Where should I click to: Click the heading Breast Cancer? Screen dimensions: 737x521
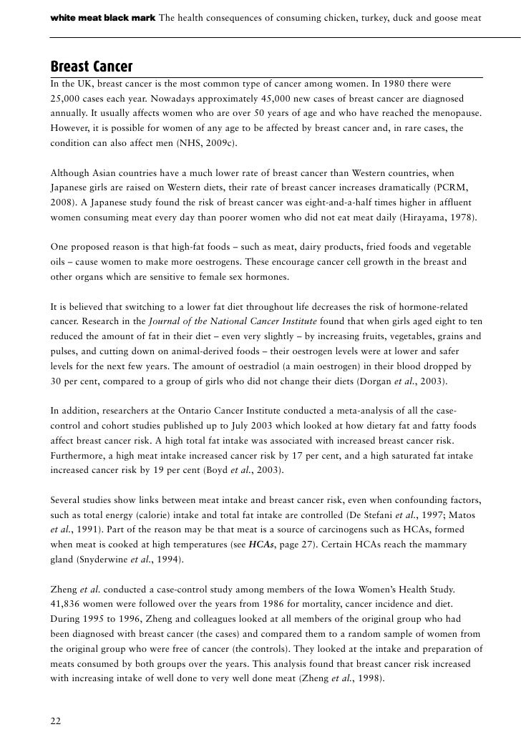point(91,67)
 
